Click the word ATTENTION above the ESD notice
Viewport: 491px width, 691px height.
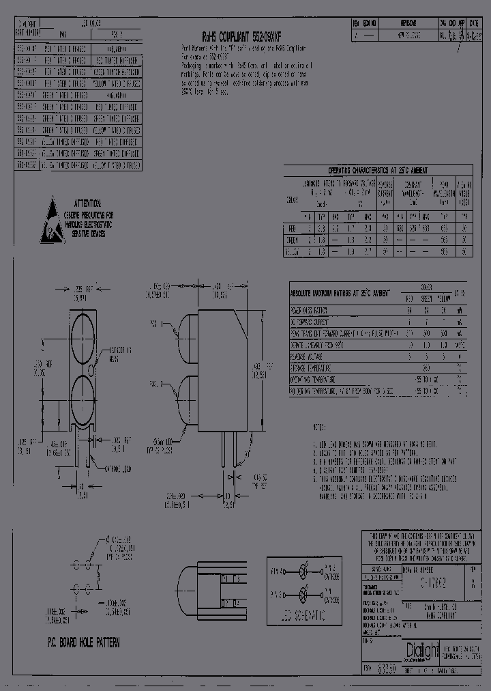[x=88, y=204]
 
